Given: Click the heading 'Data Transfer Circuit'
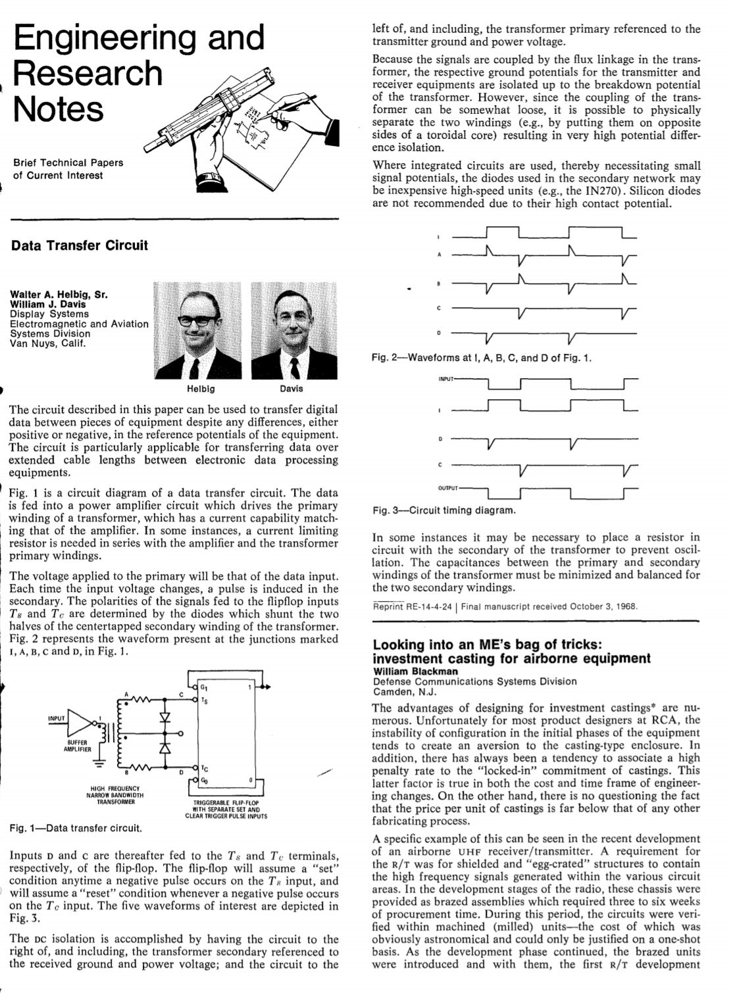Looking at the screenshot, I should click(80, 246).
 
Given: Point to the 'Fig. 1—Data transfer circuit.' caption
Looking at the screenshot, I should click(76, 828).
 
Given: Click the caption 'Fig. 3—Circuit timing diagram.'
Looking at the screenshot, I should click(444, 510).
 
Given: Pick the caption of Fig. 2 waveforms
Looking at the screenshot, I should click(482, 358).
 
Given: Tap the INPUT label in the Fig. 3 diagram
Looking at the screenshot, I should click(446, 379).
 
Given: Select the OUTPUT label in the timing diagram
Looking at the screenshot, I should click(448, 489).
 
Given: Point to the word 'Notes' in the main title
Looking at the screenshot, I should click(58, 109).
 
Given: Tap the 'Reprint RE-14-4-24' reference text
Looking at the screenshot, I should click(413, 606).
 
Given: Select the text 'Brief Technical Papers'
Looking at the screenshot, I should click(68, 162).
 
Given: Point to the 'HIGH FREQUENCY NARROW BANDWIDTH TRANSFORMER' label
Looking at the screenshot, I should click(115, 795).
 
